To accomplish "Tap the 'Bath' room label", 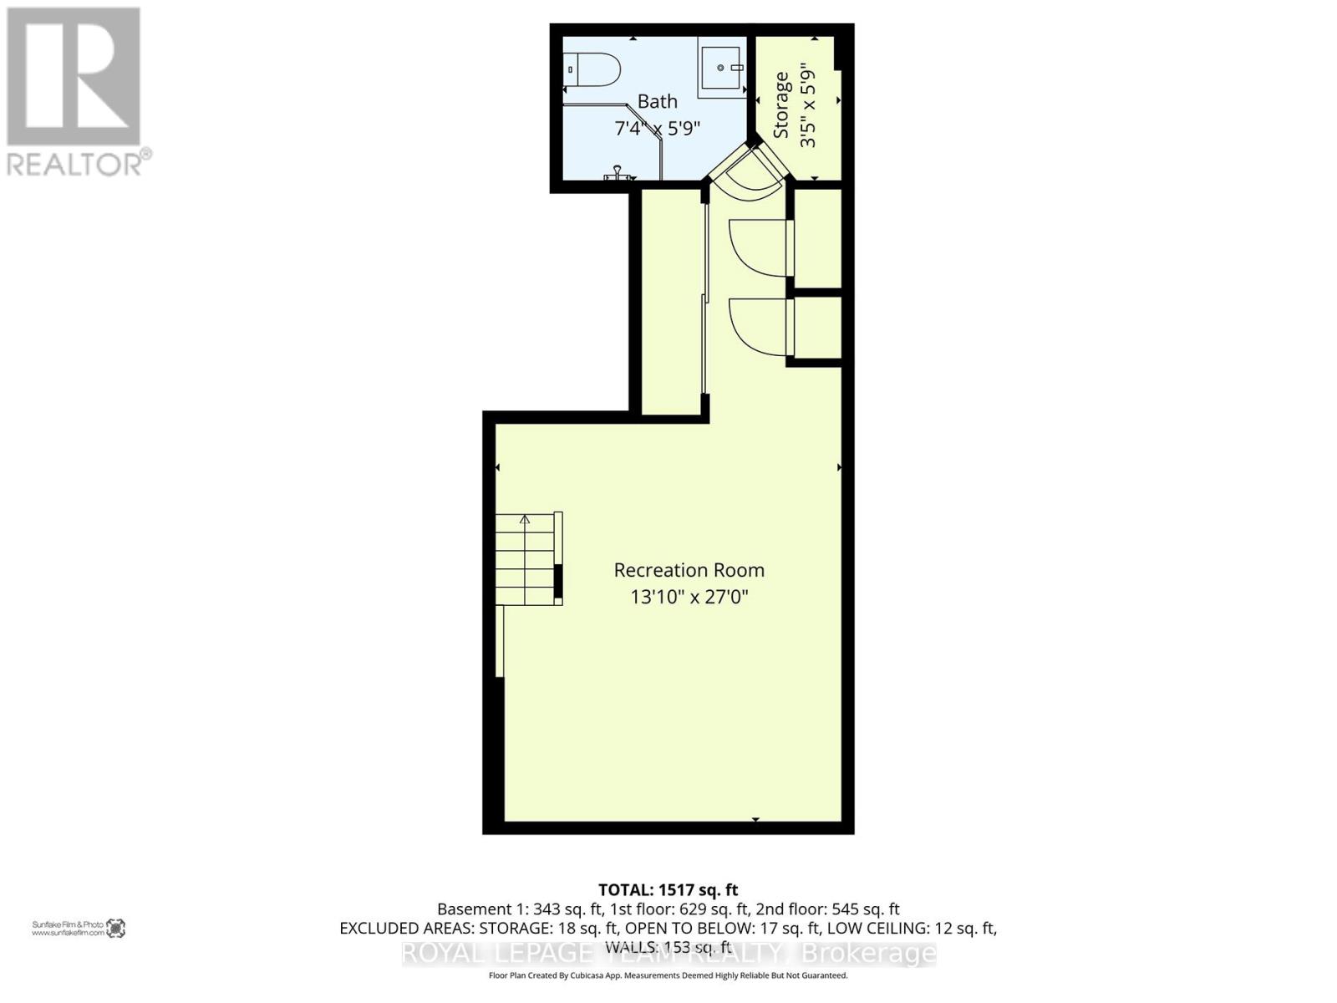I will tap(658, 101).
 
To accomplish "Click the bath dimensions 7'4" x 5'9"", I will tap(657, 129).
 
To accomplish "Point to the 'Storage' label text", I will tap(781, 105).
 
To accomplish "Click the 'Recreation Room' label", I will tap(689, 570).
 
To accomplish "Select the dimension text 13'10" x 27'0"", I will tap(689, 597).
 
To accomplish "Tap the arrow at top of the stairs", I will tap(525, 519).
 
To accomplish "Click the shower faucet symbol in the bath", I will tap(618, 173).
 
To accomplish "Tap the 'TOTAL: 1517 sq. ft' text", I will tap(668, 890).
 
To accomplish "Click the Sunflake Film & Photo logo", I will tap(115, 928).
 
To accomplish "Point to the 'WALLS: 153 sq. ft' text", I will tap(668, 948).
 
